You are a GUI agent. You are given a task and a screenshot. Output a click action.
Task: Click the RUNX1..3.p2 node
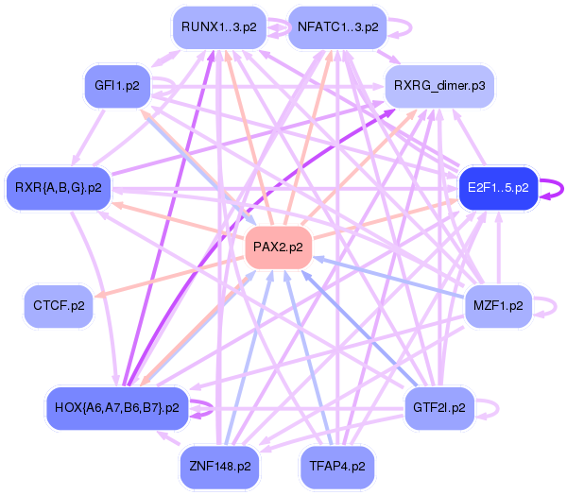[x=219, y=27]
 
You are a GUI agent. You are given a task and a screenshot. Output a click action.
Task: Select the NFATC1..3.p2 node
[x=337, y=27]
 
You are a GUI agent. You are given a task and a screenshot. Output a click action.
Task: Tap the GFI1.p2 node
[x=117, y=86]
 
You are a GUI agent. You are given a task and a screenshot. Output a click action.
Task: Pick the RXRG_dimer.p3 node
[x=439, y=86]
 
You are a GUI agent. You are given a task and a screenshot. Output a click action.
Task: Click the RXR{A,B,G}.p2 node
[x=59, y=188]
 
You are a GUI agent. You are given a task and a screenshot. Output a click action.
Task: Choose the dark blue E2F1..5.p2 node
[x=498, y=188]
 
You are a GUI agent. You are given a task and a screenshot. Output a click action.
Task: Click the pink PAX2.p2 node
[x=278, y=247]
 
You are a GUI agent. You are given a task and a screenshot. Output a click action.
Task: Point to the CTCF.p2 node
[x=59, y=306]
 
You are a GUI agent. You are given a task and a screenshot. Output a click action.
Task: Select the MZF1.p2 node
[x=498, y=306]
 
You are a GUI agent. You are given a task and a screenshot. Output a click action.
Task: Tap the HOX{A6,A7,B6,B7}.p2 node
[x=117, y=408]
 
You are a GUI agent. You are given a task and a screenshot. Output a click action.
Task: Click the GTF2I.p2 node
[x=439, y=408]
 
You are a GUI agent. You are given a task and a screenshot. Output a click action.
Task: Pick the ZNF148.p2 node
[x=220, y=467]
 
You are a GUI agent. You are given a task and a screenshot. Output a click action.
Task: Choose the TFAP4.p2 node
[x=337, y=467]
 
